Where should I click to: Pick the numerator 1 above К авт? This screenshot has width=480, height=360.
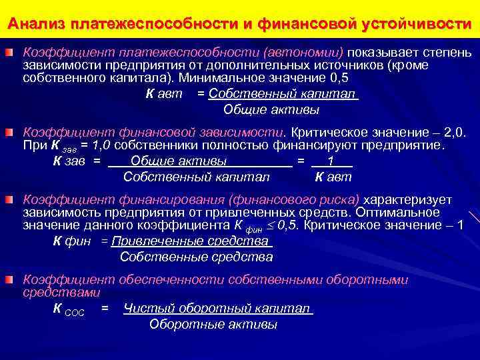click(331, 161)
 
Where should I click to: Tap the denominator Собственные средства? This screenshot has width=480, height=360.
click(196, 257)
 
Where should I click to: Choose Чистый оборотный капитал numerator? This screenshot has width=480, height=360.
click(217, 309)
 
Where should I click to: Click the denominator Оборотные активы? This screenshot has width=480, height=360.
click(213, 325)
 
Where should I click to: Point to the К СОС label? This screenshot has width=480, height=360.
click(68, 310)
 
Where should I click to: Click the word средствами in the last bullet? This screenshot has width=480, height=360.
click(61, 293)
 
